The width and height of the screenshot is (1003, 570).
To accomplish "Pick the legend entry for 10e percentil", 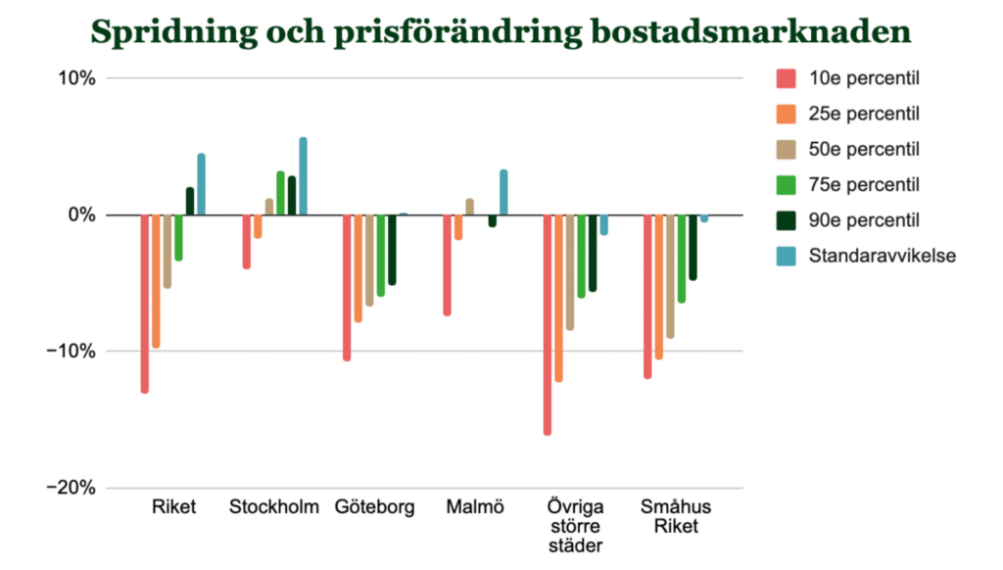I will [x=862, y=78].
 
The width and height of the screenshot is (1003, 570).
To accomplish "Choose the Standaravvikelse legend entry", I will [x=882, y=256].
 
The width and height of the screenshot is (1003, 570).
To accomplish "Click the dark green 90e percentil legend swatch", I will [x=786, y=220].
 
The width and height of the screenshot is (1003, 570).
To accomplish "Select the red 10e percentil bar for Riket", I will [x=145, y=304].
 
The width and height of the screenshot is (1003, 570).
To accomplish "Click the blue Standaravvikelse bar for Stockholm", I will [x=303, y=176].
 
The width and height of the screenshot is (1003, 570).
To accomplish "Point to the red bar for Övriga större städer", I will [x=548, y=324].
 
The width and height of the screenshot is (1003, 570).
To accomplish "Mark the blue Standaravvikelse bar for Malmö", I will [x=503, y=192].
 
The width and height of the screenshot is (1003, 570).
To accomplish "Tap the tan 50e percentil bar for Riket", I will [x=167, y=251].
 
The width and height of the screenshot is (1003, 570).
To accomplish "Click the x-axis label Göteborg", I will [x=374, y=507].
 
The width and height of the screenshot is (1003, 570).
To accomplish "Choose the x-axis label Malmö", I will [x=475, y=507].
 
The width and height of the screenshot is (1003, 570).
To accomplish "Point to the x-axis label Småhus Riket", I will [x=676, y=516].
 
